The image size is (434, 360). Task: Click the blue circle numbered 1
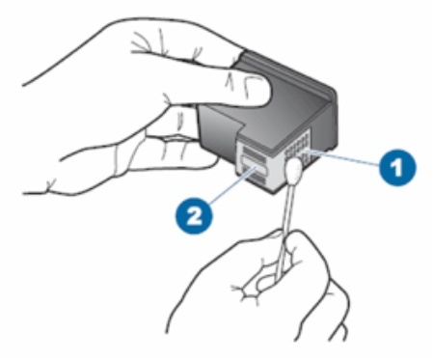[x=397, y=167]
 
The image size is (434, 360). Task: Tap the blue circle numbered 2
[x=194, y=215]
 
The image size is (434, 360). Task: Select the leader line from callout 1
[x=344, y=158]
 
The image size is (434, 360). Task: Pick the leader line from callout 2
[x=232, y=185]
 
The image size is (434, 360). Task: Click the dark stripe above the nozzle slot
[x=254, y=152]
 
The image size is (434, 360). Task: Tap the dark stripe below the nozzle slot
[x=255, y=178]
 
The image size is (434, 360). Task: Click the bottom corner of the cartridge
[x=274, y=194]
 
